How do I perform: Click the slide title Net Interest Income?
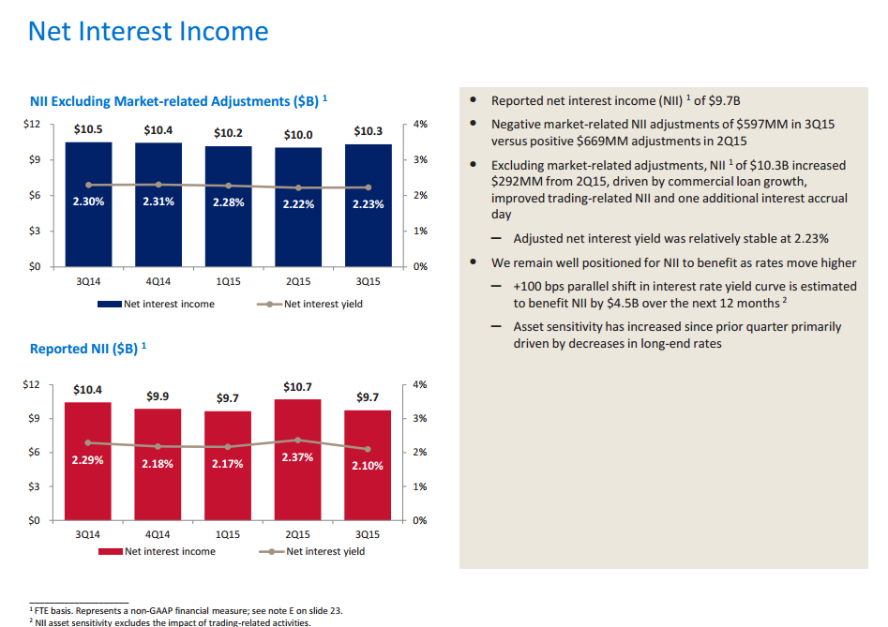(148, 32)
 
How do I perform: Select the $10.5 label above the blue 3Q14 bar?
(88, 129)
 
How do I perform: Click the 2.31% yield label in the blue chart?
(158, 202)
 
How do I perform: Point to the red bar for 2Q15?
(297, 469)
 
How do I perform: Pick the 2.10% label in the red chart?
(368, 466)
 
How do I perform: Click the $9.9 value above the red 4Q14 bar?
(158, 396)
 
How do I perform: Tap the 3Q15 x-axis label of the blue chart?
(368, 279)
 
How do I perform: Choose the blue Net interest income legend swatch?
(110, 304)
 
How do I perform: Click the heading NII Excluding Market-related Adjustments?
(174, 100)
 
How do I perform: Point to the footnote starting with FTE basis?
(188, 610)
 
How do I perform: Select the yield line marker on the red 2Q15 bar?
(297, 440)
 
